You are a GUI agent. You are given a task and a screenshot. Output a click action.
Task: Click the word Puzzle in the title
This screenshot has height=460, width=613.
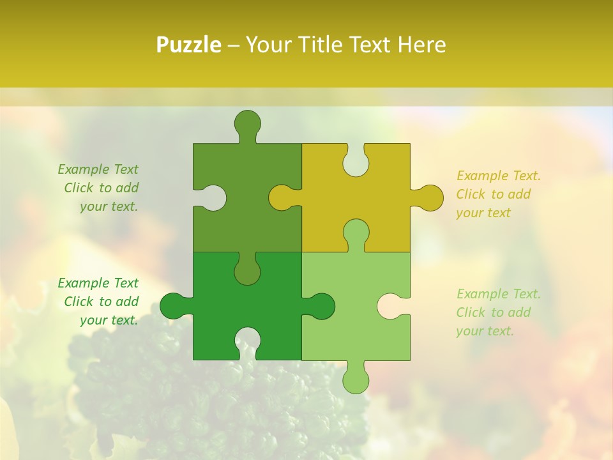[x=189, y=45]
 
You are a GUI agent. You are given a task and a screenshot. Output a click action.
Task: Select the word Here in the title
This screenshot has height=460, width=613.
[x=421, y=45]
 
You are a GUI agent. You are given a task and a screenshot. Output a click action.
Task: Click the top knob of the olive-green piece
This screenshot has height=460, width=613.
[x=247, y=123]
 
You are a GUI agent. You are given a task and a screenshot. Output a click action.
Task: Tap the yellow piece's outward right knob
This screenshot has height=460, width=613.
[x=430, y=198]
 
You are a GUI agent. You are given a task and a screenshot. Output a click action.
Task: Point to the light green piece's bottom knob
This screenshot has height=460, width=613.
[x=356, y=380]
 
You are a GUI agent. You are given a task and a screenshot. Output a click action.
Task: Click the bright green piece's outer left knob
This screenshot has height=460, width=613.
[x=173, y=306]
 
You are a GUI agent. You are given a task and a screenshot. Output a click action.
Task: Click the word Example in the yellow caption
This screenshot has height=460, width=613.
[x=478, y=176]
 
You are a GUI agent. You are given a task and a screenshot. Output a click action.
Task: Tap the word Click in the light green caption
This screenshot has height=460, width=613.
[x=470, y=312]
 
